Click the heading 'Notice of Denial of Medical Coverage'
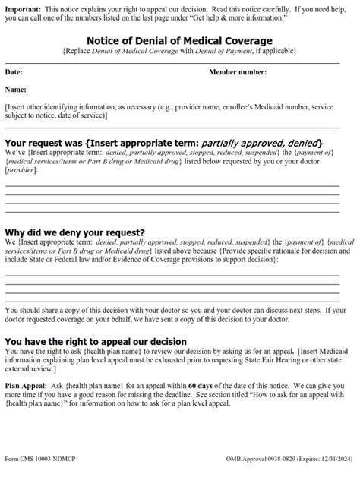click(x=180, y=40)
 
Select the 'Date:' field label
click(x=14, y=72)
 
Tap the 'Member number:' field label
click(x=239, y=72)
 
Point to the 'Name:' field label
click(x=16, y=90)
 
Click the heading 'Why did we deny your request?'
click(x=75, y=232)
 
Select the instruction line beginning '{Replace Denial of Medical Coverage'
click(x=180, y=51)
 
